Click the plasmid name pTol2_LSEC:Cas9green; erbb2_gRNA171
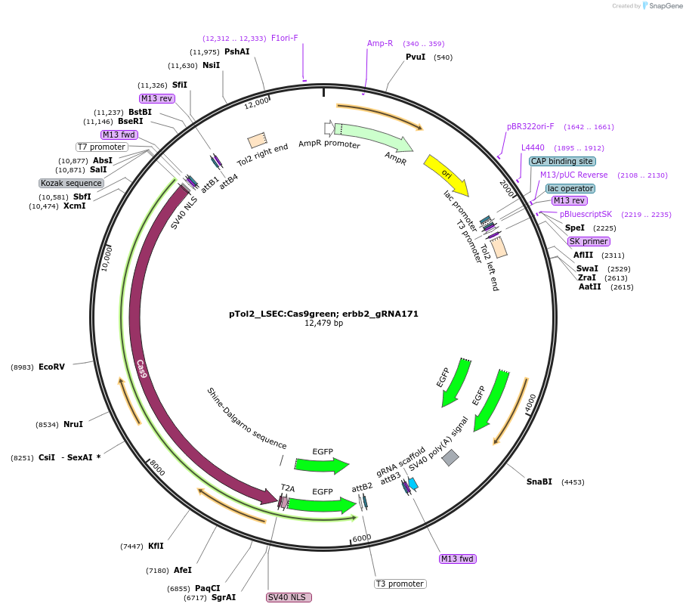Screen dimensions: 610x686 point(323,313)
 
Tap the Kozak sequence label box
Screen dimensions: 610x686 point(72,183)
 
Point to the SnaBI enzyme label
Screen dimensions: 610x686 point(539,481)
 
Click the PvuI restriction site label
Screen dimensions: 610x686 point(416,57)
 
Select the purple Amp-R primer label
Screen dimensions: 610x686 point(380,43)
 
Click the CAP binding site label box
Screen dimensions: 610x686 point(562,161)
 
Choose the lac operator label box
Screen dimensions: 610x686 point(570,188)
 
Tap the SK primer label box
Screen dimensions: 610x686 point(589,241)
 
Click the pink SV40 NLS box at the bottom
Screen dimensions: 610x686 point(289,597)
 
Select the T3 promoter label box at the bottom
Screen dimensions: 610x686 point(400,584)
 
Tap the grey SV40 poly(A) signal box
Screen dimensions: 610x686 point(450,457)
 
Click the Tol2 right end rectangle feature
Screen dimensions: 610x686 point(257,141)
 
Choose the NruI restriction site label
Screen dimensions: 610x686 point(73,425)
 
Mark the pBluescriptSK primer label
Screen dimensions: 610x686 point(586,214)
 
